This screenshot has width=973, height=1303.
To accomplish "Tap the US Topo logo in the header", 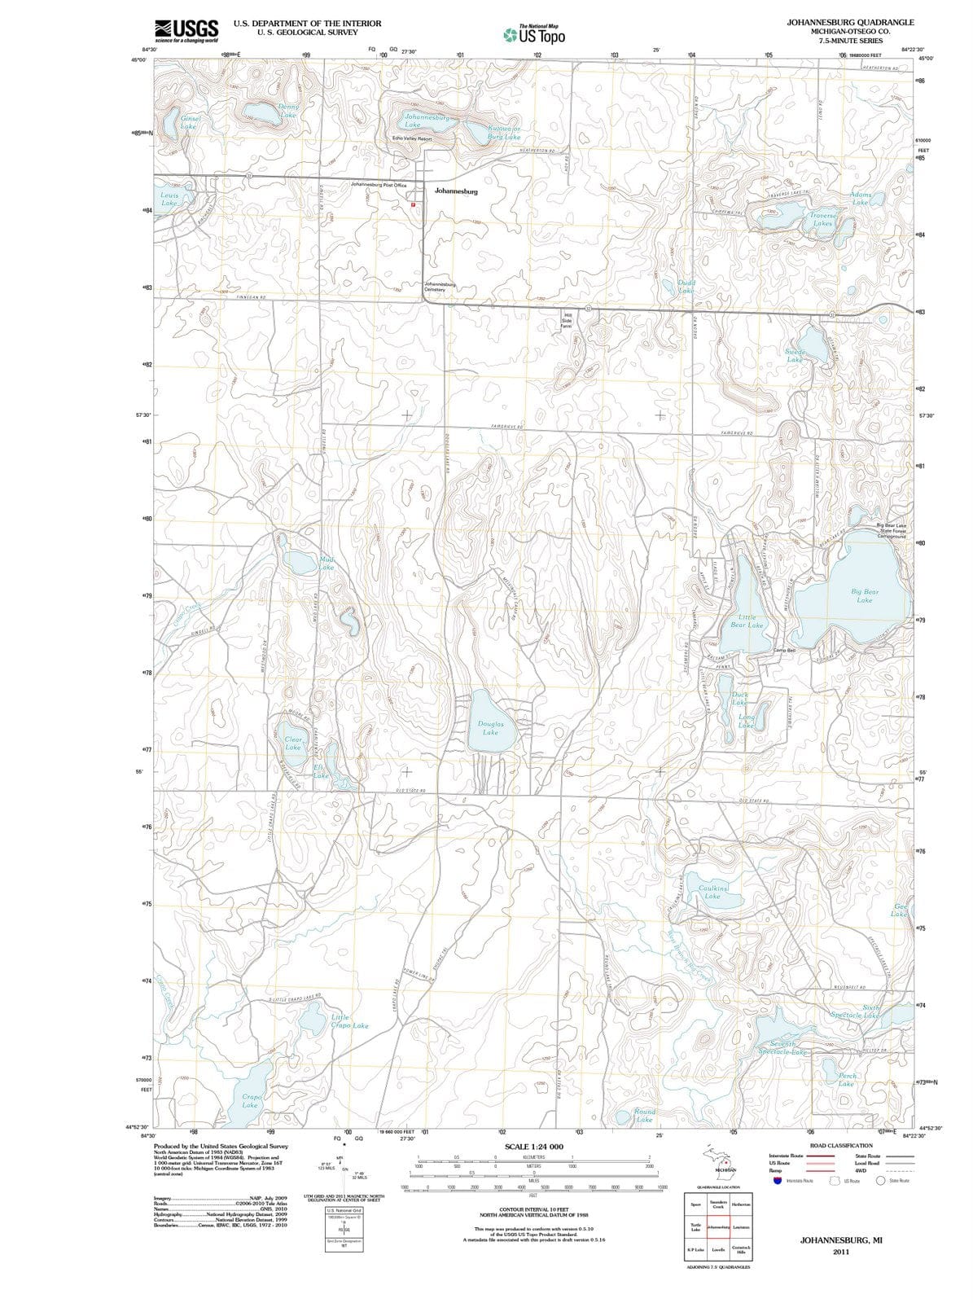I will point(534,34).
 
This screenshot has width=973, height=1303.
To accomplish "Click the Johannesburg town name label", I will point(456,191).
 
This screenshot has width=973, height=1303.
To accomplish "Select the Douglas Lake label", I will point(490,728).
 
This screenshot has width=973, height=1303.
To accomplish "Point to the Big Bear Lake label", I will point(865,596).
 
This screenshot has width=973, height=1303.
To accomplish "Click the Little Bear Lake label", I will point(747,621).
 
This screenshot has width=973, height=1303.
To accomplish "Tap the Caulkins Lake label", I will point(712,892).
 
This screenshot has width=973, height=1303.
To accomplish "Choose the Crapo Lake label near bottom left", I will point(250,1100).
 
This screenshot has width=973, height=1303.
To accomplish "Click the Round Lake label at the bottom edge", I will point(644,1115).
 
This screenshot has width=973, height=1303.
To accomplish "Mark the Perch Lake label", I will point(846,1080).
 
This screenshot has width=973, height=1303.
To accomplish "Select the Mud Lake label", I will point(327,563).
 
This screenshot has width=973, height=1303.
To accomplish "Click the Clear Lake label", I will point(293,743).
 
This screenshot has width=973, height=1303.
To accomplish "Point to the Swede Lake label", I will point(795,355).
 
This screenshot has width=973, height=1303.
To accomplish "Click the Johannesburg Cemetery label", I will point(440,287).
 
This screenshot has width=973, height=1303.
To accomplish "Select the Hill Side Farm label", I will point(567,321).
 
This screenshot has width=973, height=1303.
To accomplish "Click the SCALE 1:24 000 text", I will point(534,1146).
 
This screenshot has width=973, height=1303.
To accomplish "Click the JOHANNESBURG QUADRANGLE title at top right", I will point(850,22).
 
